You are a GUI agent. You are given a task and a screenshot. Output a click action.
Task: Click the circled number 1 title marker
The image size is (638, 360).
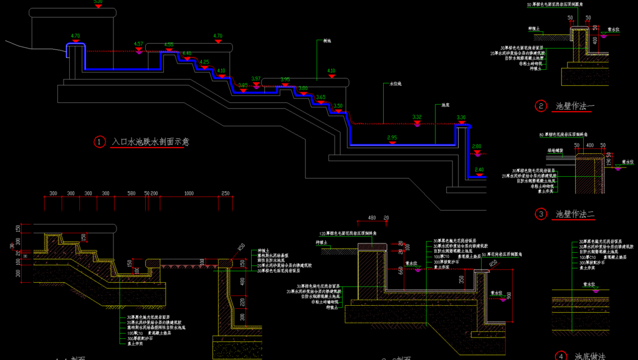click(100, 142)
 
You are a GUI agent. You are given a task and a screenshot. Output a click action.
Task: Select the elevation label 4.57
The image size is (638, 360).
click(138, 44)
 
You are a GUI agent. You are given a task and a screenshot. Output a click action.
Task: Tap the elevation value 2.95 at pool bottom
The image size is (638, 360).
click(392, 137)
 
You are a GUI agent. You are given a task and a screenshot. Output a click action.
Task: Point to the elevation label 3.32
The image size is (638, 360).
click(417, 116)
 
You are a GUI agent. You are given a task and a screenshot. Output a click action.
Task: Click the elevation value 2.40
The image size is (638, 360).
click(478, 169)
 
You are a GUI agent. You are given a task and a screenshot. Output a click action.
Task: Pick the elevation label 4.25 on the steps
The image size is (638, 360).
click(204, 62)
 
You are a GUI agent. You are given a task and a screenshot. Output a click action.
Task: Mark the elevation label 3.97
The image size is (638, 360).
click(255, 78)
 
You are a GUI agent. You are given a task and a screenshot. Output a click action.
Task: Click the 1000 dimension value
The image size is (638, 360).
click(189, 194)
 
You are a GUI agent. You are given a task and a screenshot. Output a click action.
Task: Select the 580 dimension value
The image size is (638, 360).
click(131, 194)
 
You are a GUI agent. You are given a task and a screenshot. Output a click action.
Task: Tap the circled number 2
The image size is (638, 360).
click(541, 106)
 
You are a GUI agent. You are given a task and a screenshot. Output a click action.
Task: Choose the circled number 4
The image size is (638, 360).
click(561, 356)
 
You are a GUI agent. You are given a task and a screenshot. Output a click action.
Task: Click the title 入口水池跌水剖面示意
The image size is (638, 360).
click(150, 142)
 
